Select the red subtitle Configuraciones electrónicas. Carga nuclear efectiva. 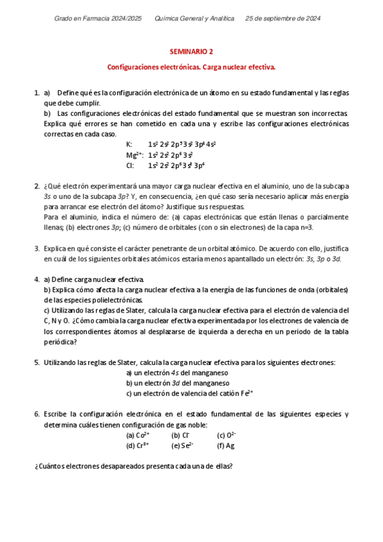click(x=191, y=66)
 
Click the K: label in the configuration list click(x=130, y=144)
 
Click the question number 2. click(x=36, y=186)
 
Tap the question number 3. click(x=36, y=248)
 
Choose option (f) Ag click(x=226, y=445)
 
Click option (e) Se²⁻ click(x=182, y=445)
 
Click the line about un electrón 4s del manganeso click(x=177, y=373)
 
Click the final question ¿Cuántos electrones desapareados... click(x=133, y=466)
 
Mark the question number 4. click(x=36, y=279)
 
